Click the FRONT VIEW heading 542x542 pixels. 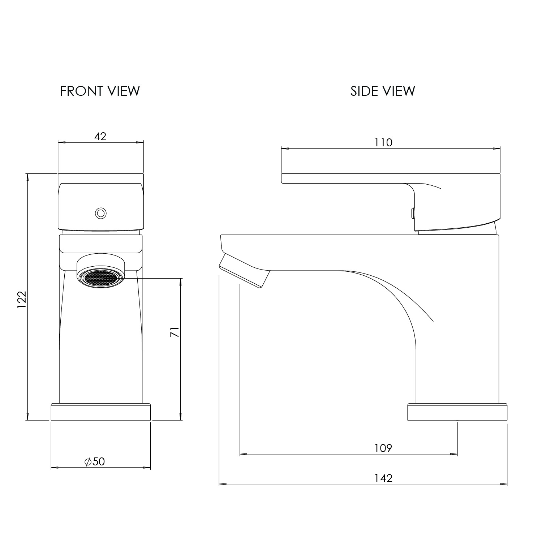click(x=100, y=91)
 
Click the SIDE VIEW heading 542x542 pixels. click(x=383, y=91)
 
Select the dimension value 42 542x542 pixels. click(x=100, y=136)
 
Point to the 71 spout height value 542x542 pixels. click(x=175, y=332)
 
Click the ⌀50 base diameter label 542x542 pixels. click(x=95, y=461)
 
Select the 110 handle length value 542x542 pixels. click(x=383, y=142)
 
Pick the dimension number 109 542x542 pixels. click(x=383, y=448)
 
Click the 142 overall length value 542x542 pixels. click(x=383, y=478)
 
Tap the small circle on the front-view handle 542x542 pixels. click(x=101, y=213)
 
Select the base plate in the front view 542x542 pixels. click(x=101, y=412)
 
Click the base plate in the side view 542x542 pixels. click(x=457, y=412)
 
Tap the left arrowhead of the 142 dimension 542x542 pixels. click(x=223, y=484)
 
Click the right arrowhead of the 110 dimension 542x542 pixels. click(x=497, y=148)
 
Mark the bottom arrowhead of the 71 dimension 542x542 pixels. click(x=180, y=417)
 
